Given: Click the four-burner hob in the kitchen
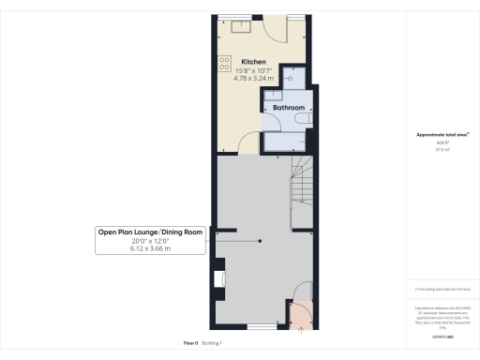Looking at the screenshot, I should coord(224,63).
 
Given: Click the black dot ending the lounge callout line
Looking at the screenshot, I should coord(261,241).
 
